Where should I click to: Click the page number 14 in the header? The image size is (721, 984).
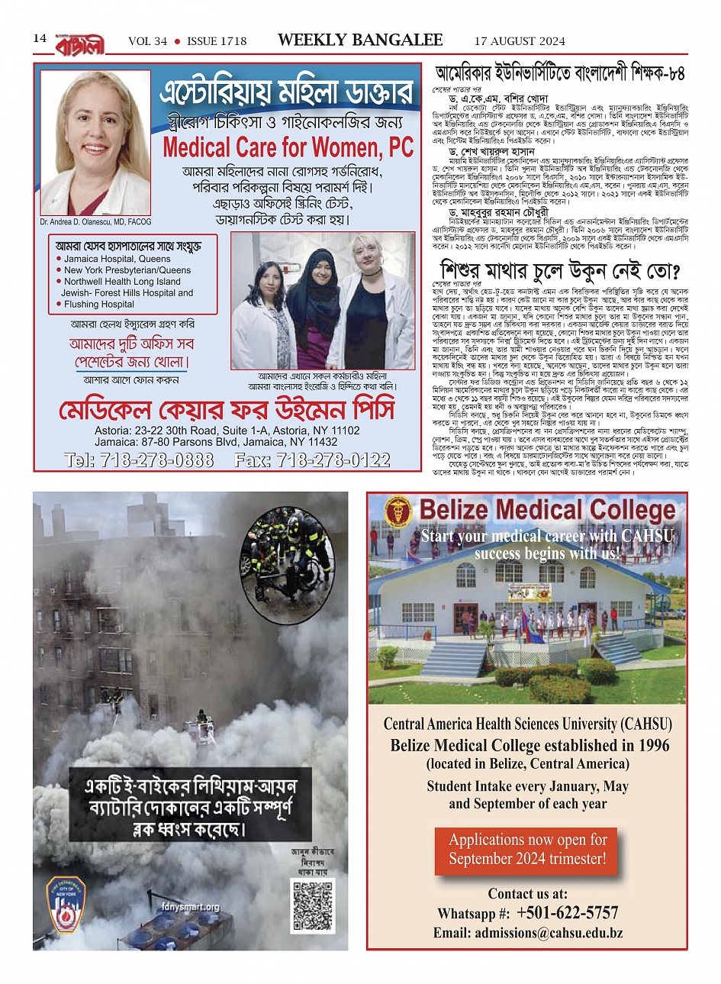(40, 39)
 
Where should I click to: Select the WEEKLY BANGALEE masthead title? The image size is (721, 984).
(359, 40)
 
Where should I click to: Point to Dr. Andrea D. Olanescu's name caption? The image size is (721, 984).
(95, 222)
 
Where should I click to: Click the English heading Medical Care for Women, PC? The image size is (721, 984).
(288, 147)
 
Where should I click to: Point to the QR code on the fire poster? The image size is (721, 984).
(313, 906)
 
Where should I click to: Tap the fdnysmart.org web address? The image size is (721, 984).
(191, 908)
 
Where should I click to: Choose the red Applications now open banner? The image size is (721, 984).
(527, 849)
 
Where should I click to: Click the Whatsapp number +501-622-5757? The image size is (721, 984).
(566, 913)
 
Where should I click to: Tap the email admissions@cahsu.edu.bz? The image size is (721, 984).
(528, 933)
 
